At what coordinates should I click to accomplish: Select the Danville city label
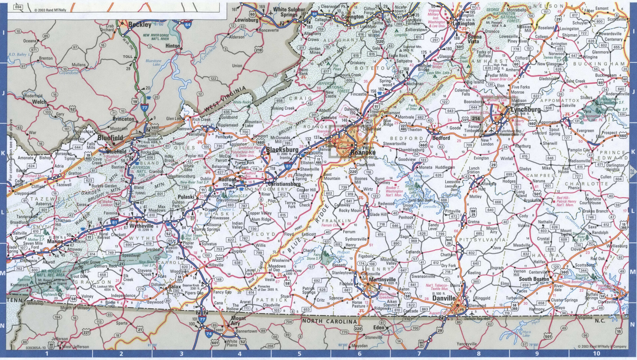click(x=444, y=298)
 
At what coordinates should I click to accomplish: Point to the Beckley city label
click(x=140, y=24)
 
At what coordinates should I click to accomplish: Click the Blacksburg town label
click(x=282, y=150)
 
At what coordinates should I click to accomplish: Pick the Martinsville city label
click(x=382, y=279)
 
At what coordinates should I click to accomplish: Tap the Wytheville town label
click(x=141, y=226)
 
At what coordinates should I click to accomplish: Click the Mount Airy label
click(x=239, y=321)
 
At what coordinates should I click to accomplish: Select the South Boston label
click(x=534, y=279)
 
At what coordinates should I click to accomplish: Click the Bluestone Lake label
click(x=153, y=63)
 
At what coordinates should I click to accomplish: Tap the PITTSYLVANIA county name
click(x=482, y=240)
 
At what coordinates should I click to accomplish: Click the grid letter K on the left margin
click(x=3, y=154)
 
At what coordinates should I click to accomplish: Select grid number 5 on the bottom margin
click(x=299, y=354)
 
